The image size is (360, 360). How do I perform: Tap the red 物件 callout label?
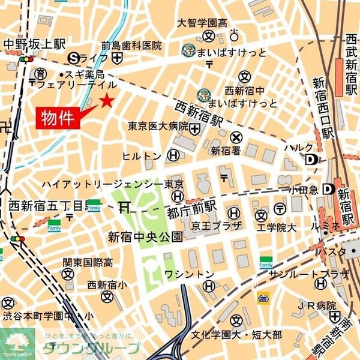tap(58, 118)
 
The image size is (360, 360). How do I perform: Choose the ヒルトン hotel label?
tap(142, 156)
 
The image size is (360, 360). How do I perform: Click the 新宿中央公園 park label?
tap(145, 236)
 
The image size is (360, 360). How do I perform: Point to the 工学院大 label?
tap(277, 228)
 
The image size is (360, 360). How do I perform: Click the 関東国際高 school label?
tap(87, 262)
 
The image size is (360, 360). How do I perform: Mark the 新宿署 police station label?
tap(224, 151)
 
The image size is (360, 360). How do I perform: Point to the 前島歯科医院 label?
tap(131, 45)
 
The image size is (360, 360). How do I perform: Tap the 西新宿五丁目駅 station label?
tap(45, 206)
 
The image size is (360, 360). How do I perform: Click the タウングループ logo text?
tap(90, 348)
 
